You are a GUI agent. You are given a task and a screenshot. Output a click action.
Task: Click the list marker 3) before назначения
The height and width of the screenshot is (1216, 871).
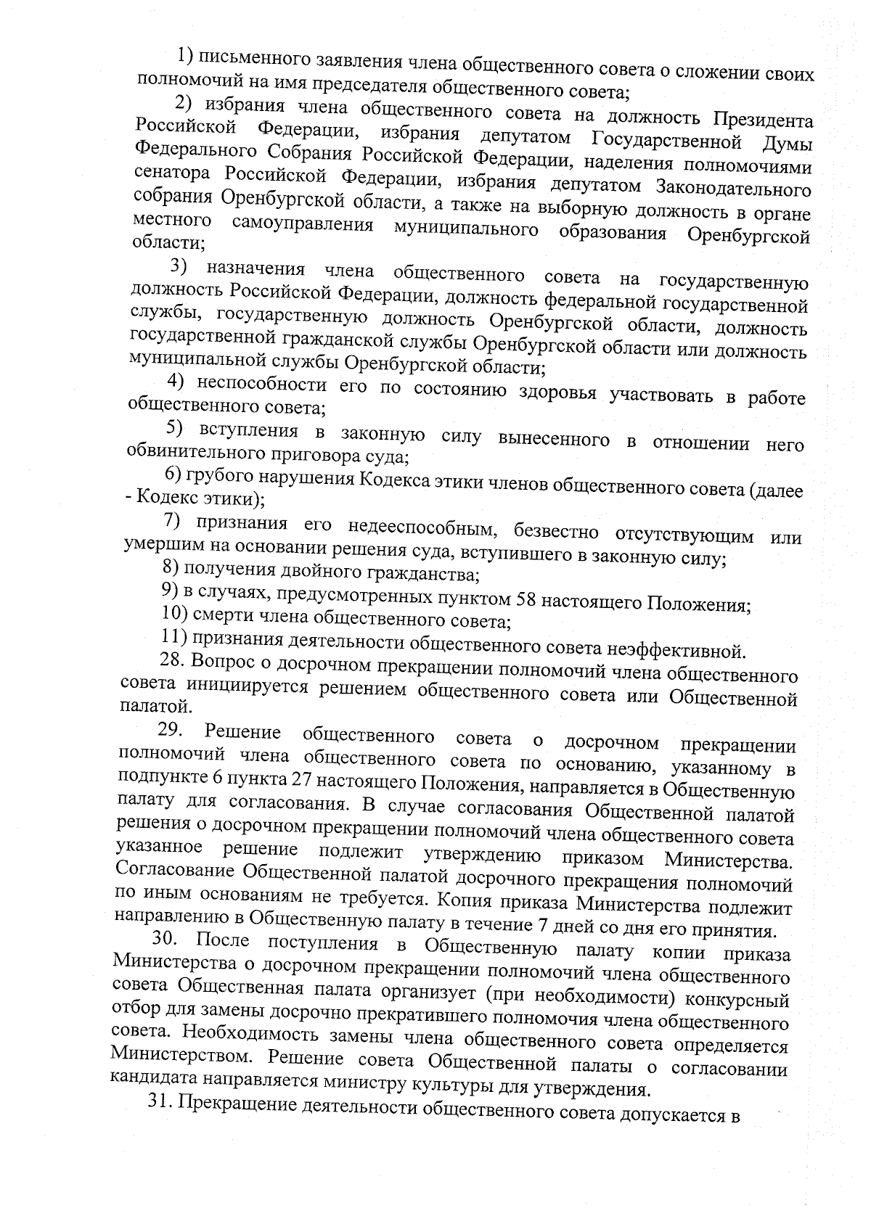tap(179, 267)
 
